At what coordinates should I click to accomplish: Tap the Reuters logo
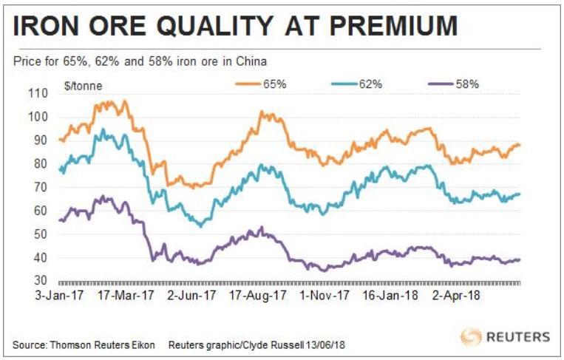pos(506,336)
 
